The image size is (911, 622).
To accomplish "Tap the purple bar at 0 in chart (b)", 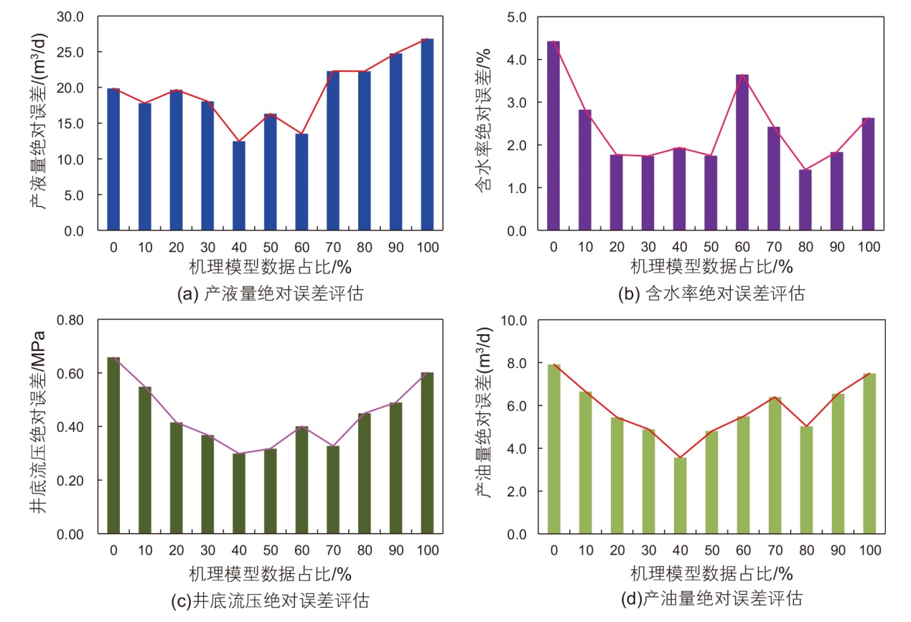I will [553, 136].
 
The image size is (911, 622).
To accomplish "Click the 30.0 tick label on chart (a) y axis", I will [70, 16].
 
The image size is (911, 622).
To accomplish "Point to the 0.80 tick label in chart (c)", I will [67, 320].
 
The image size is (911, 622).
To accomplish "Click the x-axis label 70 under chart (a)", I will [333, 248].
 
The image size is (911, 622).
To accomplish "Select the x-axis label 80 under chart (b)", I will [805, 248].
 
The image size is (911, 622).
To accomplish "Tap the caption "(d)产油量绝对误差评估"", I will [711, 598].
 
